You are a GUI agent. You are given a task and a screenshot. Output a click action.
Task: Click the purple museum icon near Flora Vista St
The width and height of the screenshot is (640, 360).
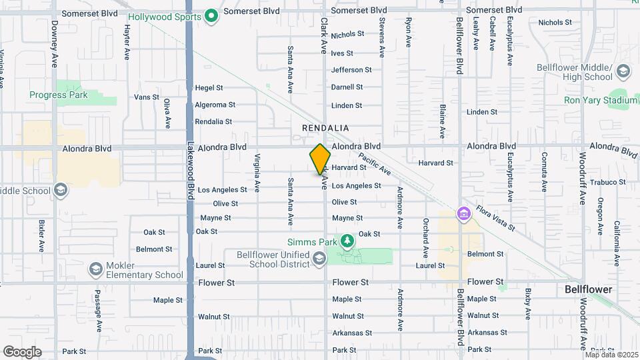[462, 214]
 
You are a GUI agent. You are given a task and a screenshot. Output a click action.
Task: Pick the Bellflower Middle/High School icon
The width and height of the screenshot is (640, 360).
[623, 71]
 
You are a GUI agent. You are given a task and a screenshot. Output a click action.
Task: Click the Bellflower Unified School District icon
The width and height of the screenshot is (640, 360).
[319, 259]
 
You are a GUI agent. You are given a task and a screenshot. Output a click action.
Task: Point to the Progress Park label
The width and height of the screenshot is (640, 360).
[58, 95]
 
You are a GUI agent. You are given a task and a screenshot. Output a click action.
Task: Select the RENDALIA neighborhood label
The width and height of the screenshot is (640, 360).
[326, 127]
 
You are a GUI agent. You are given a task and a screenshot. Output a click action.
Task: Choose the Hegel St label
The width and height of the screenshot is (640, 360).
[209, 88]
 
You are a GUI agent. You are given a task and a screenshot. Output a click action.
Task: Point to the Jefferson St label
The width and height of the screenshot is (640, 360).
[351, 70]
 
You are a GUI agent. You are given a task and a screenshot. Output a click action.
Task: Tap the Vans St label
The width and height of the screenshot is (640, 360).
[147, 97]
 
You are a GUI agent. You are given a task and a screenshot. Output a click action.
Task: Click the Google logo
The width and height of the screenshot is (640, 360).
[22, 352]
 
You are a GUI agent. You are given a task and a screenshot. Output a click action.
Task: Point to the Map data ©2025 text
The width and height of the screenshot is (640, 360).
[611, 354]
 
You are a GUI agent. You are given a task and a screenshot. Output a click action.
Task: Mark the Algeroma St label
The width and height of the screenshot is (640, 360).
[215, 105]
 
